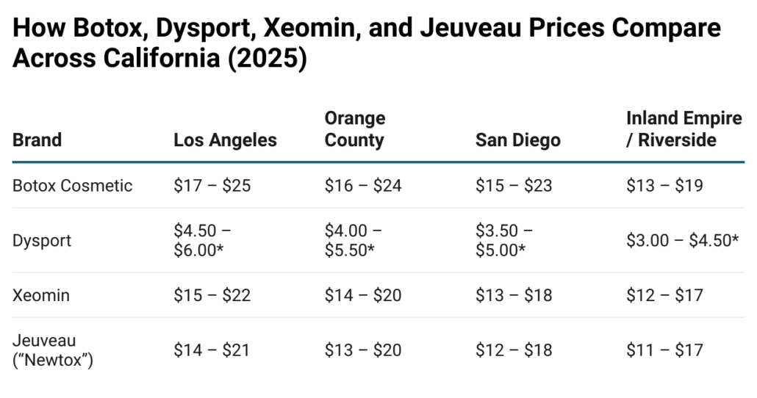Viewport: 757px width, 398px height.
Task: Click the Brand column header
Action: click(x=37, y=140)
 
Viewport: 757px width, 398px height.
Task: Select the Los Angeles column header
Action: click(x=225, y=140)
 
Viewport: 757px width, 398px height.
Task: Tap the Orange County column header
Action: click(x=355, y=129)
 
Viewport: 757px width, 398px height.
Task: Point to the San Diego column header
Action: click(x=517, y=140)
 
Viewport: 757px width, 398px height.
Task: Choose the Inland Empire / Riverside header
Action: click(x=684, y=129)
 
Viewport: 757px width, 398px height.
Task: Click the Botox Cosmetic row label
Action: click(x=73, y=185)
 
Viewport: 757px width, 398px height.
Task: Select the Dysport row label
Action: click(x=42, y=240)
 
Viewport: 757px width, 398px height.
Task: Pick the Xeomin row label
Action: click(x=41, y=295)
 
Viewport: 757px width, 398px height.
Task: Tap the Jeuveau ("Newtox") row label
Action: click(x=53, y=350)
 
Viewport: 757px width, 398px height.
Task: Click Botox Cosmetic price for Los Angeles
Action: click(x=212, y=185)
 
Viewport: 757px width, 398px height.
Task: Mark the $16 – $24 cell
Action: click(x=363, y=185)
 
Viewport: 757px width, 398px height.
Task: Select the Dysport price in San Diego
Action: click(x=504, y=240)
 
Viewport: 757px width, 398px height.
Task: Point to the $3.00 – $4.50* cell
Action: click(x=682, y=240)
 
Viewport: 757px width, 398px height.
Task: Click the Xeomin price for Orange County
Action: click(x=363, y=295)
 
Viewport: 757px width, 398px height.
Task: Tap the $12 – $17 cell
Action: click(x=664, y=295)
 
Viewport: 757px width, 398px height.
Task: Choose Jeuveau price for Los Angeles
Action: click(x=212, y=350)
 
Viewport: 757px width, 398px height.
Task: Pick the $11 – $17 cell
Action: click(x=664, y=350)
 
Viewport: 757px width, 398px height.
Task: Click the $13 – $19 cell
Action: click(x=664, y=185)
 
